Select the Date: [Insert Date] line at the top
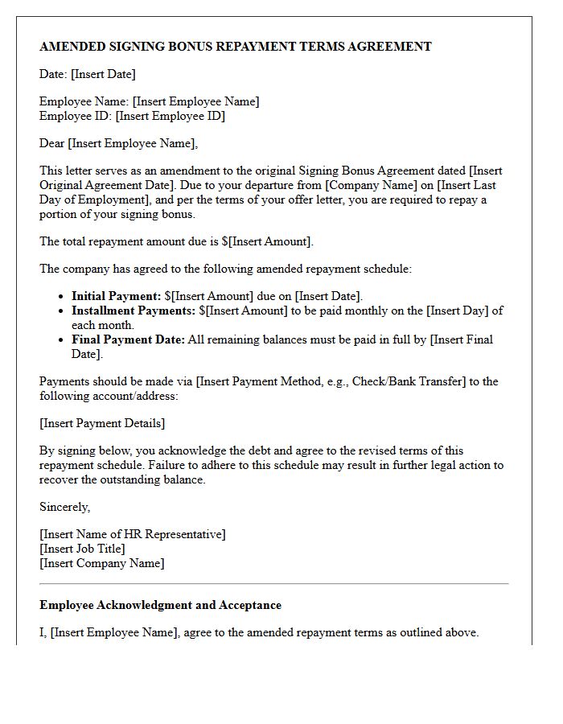[87, 74]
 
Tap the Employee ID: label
[76, 116]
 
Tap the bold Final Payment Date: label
[129, 339]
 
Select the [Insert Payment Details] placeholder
[102, 423]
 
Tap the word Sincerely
[64, 507]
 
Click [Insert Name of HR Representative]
[133, 534]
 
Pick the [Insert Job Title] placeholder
[82, 549]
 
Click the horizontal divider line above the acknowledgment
[273, 583]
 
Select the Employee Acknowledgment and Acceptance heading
[160, 605]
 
